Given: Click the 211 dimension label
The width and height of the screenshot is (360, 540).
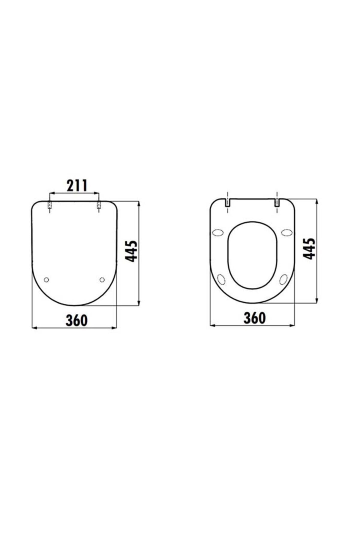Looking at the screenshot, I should coord(77,186).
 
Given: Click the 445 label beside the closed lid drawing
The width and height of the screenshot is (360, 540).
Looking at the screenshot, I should coord(131,251).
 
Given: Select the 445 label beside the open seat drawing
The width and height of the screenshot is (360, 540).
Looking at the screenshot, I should coord(309,249).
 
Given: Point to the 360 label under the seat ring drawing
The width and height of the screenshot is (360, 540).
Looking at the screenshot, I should coord(254,318).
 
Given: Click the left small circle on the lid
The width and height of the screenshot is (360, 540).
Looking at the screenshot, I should coord(46,280).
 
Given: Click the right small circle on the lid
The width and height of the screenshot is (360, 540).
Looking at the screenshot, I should coord(102,280).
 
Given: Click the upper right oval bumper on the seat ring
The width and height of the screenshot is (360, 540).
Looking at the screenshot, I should coord(287,233).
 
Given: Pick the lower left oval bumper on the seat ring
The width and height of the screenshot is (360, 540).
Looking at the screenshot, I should coord(221,279).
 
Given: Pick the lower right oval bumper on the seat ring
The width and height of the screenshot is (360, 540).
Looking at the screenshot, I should coord(283,279).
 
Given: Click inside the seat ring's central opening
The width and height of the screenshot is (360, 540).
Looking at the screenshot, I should coord(253,255).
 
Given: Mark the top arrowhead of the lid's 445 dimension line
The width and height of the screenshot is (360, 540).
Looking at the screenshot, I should coord(139,204).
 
